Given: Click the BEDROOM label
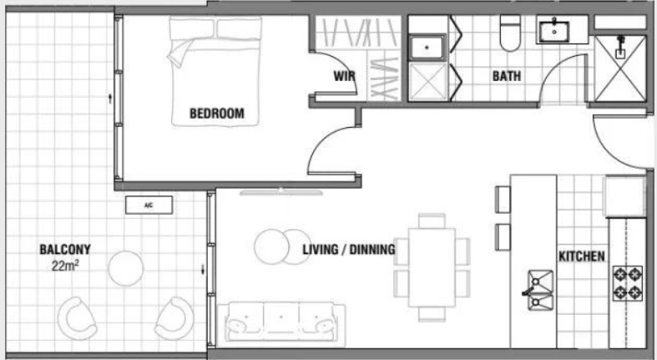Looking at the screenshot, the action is pos(216,113).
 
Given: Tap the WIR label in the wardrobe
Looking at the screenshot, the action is pos(345,76).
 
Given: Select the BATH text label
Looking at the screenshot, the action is pos(507,76).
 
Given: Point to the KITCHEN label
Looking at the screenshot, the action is pos(582,256).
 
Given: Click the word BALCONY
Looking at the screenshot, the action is pos(65,250).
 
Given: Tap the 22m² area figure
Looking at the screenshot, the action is pos(66,266).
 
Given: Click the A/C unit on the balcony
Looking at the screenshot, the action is pos(149,205).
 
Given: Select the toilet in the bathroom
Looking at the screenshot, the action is pos(510,33).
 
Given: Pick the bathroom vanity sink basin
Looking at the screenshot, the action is pos(554,31).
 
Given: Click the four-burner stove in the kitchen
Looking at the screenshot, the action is pos(628,283).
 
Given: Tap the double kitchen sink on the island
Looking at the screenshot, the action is pos(540,290).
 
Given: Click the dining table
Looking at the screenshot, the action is pos(432,267).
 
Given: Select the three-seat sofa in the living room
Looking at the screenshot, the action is pos(281,324).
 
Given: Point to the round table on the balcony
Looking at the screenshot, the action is pos(126,268).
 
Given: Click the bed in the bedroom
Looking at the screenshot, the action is pos(215,71).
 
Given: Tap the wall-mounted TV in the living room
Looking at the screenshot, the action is pos(281,192).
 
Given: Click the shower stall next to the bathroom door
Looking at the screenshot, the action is pos(620,68).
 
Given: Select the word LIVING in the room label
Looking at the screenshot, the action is pos(321,250).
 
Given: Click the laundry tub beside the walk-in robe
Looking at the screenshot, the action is pos(427,48).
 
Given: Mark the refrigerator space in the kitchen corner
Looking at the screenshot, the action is pos(624,196).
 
